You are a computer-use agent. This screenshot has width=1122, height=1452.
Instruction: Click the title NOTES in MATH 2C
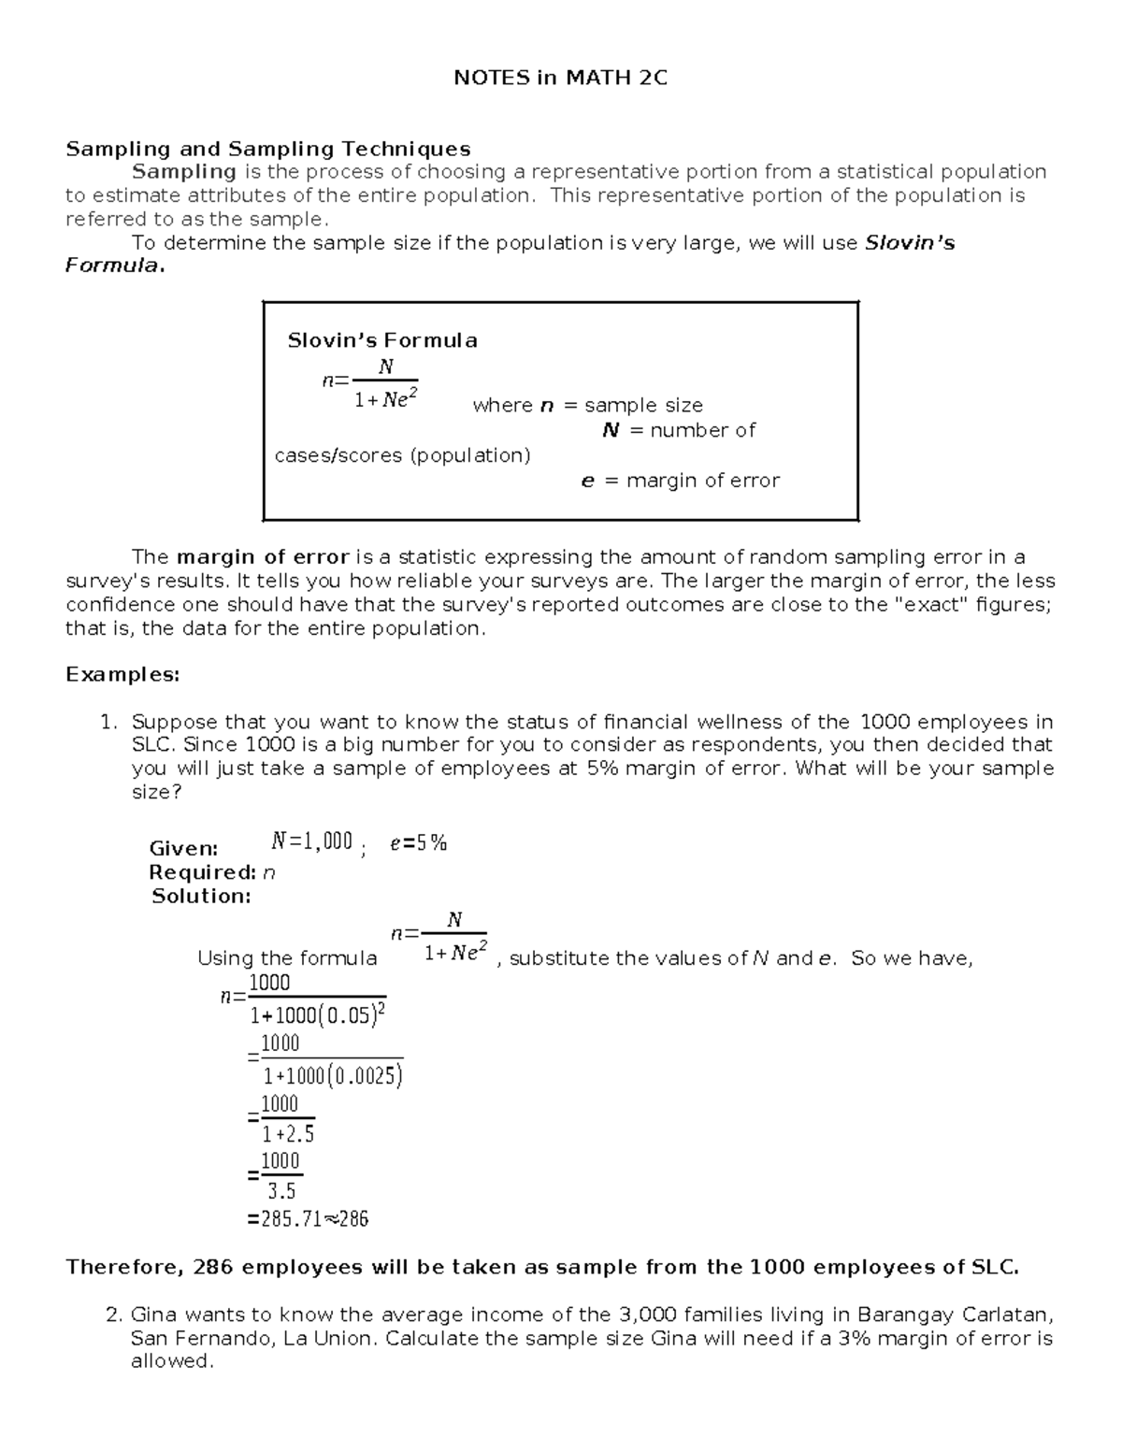pos(560,79)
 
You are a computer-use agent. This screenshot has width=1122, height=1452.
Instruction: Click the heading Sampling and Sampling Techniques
pos(267,149)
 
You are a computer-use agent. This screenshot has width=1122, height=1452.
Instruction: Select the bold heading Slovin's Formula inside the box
pos(381,340)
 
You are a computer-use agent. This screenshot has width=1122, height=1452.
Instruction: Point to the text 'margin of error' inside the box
pos(702,481)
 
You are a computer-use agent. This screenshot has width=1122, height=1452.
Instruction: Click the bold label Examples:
pos(122,674)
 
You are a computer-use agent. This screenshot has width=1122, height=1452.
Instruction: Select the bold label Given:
pos(183,848)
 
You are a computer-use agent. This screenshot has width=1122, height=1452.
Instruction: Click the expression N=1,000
pos(311,841)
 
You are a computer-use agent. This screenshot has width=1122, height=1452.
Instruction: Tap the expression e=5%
pos(418,842)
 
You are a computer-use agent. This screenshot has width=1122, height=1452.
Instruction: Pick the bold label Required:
pos(202,872)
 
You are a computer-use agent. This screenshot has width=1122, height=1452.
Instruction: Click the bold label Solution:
pos(201,896)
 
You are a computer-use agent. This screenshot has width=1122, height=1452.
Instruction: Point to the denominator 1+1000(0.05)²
pos(318,1015)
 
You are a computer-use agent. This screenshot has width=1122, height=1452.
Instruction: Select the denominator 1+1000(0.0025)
pos(332,1076)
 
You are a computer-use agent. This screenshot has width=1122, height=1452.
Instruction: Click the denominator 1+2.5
pos(287,1134)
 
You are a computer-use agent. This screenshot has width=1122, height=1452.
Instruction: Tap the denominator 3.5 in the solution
pos(280,1191)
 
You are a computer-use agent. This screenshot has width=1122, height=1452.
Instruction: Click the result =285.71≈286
pos(308,1219)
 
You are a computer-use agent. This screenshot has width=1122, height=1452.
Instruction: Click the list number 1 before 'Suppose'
pos(108,722)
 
